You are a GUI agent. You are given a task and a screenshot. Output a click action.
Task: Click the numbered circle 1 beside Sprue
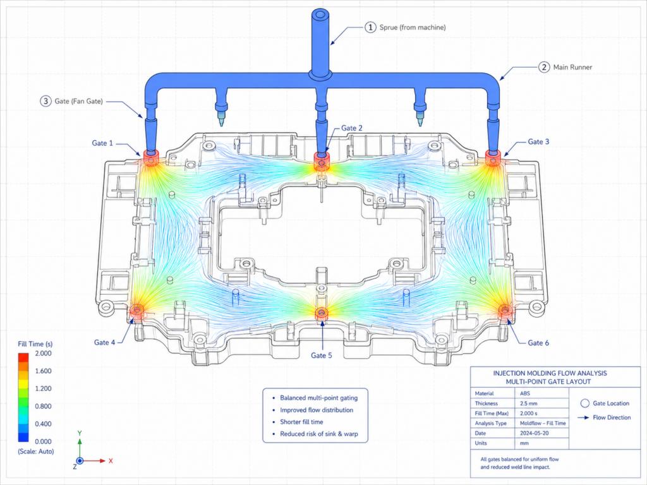[370, 27]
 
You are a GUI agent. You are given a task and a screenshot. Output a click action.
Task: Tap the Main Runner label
[572, 67]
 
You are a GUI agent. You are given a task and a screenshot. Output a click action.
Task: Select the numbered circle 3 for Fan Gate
[45, 101]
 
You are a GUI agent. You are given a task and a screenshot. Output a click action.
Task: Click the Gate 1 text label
[102, 143]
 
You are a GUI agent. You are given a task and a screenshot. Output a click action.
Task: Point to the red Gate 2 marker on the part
[322, 160]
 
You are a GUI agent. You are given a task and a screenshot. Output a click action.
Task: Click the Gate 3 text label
[538, 141]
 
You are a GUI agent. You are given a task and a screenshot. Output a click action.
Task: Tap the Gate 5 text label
[322, 356]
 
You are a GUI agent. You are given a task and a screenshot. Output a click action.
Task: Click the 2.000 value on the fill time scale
[44, 354]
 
